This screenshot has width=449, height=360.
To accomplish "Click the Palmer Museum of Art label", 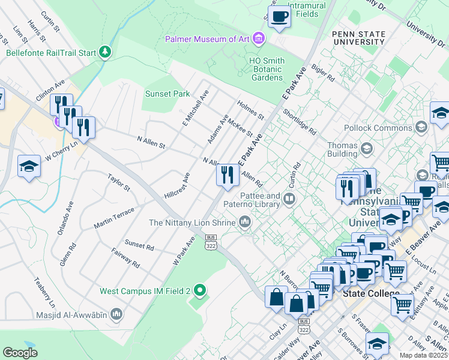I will point(208,40).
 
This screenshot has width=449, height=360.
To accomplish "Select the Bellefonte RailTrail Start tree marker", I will point(106,52).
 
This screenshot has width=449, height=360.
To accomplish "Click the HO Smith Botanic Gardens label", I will point(267,69).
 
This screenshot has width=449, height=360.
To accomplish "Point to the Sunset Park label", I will point(167,94).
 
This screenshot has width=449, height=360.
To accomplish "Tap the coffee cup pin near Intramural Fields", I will point(279,17).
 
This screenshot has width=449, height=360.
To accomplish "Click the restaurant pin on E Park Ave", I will point(227,175).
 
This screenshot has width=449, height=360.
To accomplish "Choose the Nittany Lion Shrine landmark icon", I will point(244,223).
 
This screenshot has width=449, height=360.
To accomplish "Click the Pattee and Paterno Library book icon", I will point(290,199).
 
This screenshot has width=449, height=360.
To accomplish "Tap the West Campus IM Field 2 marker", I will point(200,291).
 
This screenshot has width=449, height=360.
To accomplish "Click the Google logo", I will point(20,353).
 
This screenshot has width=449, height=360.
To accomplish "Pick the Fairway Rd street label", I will point(125,259).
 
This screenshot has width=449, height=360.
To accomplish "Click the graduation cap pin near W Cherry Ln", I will point(29,167).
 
